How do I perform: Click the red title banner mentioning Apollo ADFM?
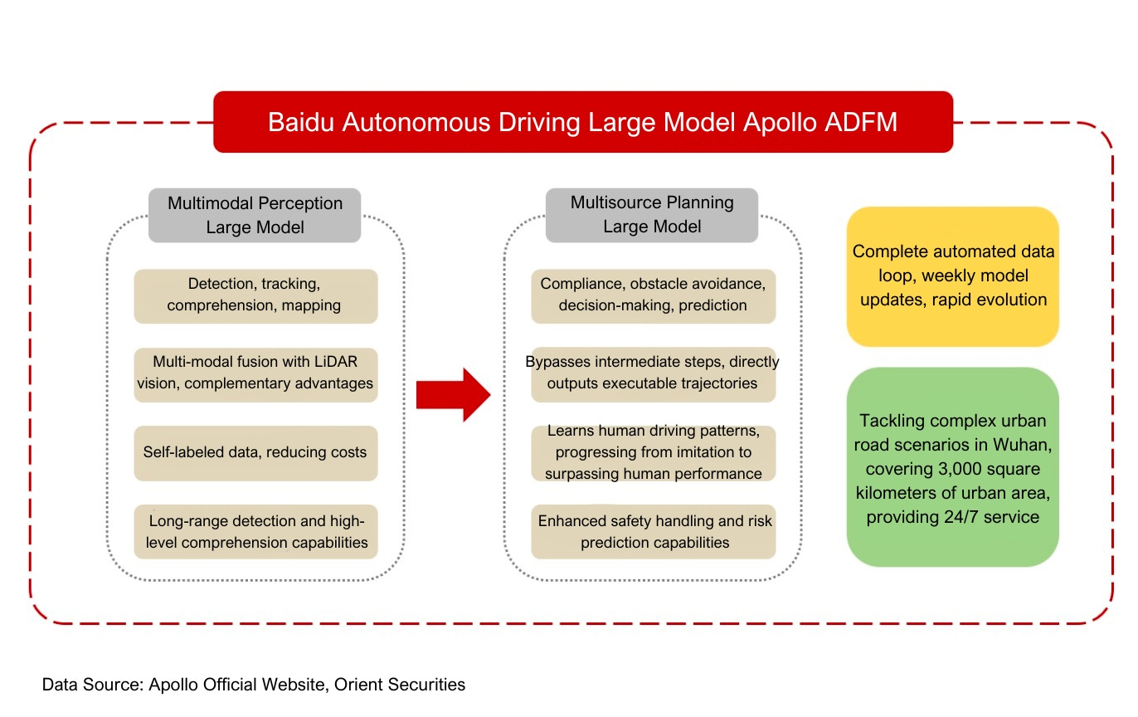click(x=582, y=122)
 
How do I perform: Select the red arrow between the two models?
click(x=453, y=395)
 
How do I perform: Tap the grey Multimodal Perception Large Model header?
click(x=255, y=215)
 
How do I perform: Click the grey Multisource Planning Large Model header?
click(x=651, y=215)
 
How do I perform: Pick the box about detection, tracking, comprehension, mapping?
click(x=255, y=295)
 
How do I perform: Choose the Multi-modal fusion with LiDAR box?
click(x=255, y=373)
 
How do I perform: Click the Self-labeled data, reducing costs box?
click(x=255, y=452)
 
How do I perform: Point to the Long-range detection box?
click(x=255, y=531)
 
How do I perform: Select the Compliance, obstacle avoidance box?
click(x=653, y=295)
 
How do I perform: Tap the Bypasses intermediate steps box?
click(x=653, y=373)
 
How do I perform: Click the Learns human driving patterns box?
click(x=653, y=452)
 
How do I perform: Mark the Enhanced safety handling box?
click(x=653, y=531)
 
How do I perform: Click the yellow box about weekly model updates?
click(x=952, y=276)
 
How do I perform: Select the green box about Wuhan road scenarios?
click(x=952, y=467)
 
